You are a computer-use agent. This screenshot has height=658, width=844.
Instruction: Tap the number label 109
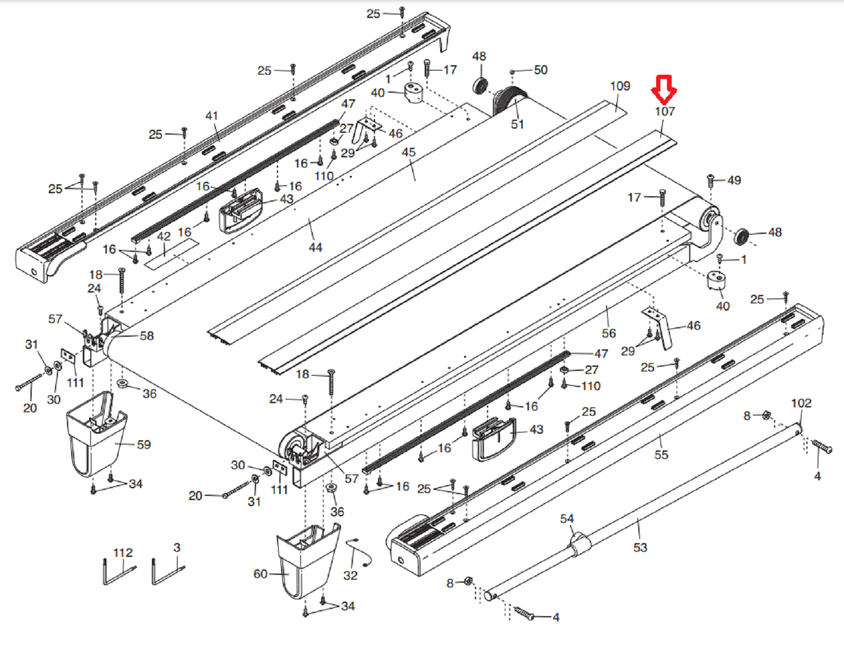620,86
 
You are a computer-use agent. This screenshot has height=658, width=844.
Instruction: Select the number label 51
517,124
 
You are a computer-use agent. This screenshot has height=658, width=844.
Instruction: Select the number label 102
802,403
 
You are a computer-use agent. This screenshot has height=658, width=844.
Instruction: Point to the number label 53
640,547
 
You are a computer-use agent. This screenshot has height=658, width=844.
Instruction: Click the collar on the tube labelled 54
578,545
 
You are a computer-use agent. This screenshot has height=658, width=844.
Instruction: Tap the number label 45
409,153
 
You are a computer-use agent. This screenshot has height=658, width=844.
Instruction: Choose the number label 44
315,247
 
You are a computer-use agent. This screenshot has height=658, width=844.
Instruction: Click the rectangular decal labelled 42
171,254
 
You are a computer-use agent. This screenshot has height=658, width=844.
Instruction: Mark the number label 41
212,115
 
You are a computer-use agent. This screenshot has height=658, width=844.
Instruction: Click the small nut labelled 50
513,72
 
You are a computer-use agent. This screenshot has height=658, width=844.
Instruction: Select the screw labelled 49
711,179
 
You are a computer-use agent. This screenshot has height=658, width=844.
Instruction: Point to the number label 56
609,333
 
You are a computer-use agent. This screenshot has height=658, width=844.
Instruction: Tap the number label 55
661,455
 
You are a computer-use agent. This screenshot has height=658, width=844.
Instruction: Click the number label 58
147,336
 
